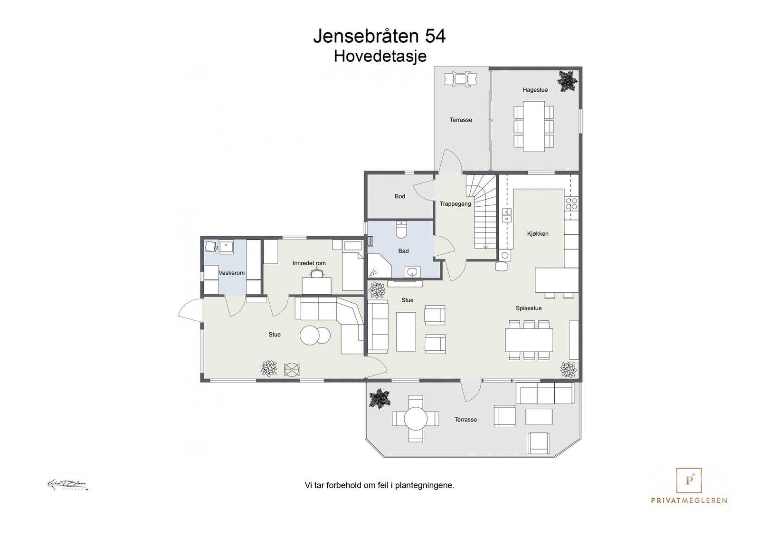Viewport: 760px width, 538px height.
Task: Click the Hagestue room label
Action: pos(535,90)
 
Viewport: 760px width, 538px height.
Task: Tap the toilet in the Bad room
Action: pos(401,230)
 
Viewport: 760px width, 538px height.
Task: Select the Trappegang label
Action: pos(455,204)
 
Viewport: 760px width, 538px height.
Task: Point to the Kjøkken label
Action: pos(538,234)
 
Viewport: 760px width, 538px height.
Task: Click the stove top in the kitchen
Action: pos(571,204)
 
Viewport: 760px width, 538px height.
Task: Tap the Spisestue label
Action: pos(529,308)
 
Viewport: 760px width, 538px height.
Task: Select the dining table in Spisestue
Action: pos(529,340)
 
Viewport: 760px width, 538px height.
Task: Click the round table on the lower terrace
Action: pos(416,419)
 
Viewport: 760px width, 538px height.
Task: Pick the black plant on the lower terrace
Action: pos(380,398)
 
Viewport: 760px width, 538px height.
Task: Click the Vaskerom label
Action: pos(231,273)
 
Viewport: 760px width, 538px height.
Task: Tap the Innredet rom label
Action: pos(309,263)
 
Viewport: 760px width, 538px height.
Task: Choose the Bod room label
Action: pos(399,196)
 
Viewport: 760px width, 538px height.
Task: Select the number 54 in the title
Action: pos(435,37)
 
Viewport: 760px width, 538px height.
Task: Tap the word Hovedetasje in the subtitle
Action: pos(380,56)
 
